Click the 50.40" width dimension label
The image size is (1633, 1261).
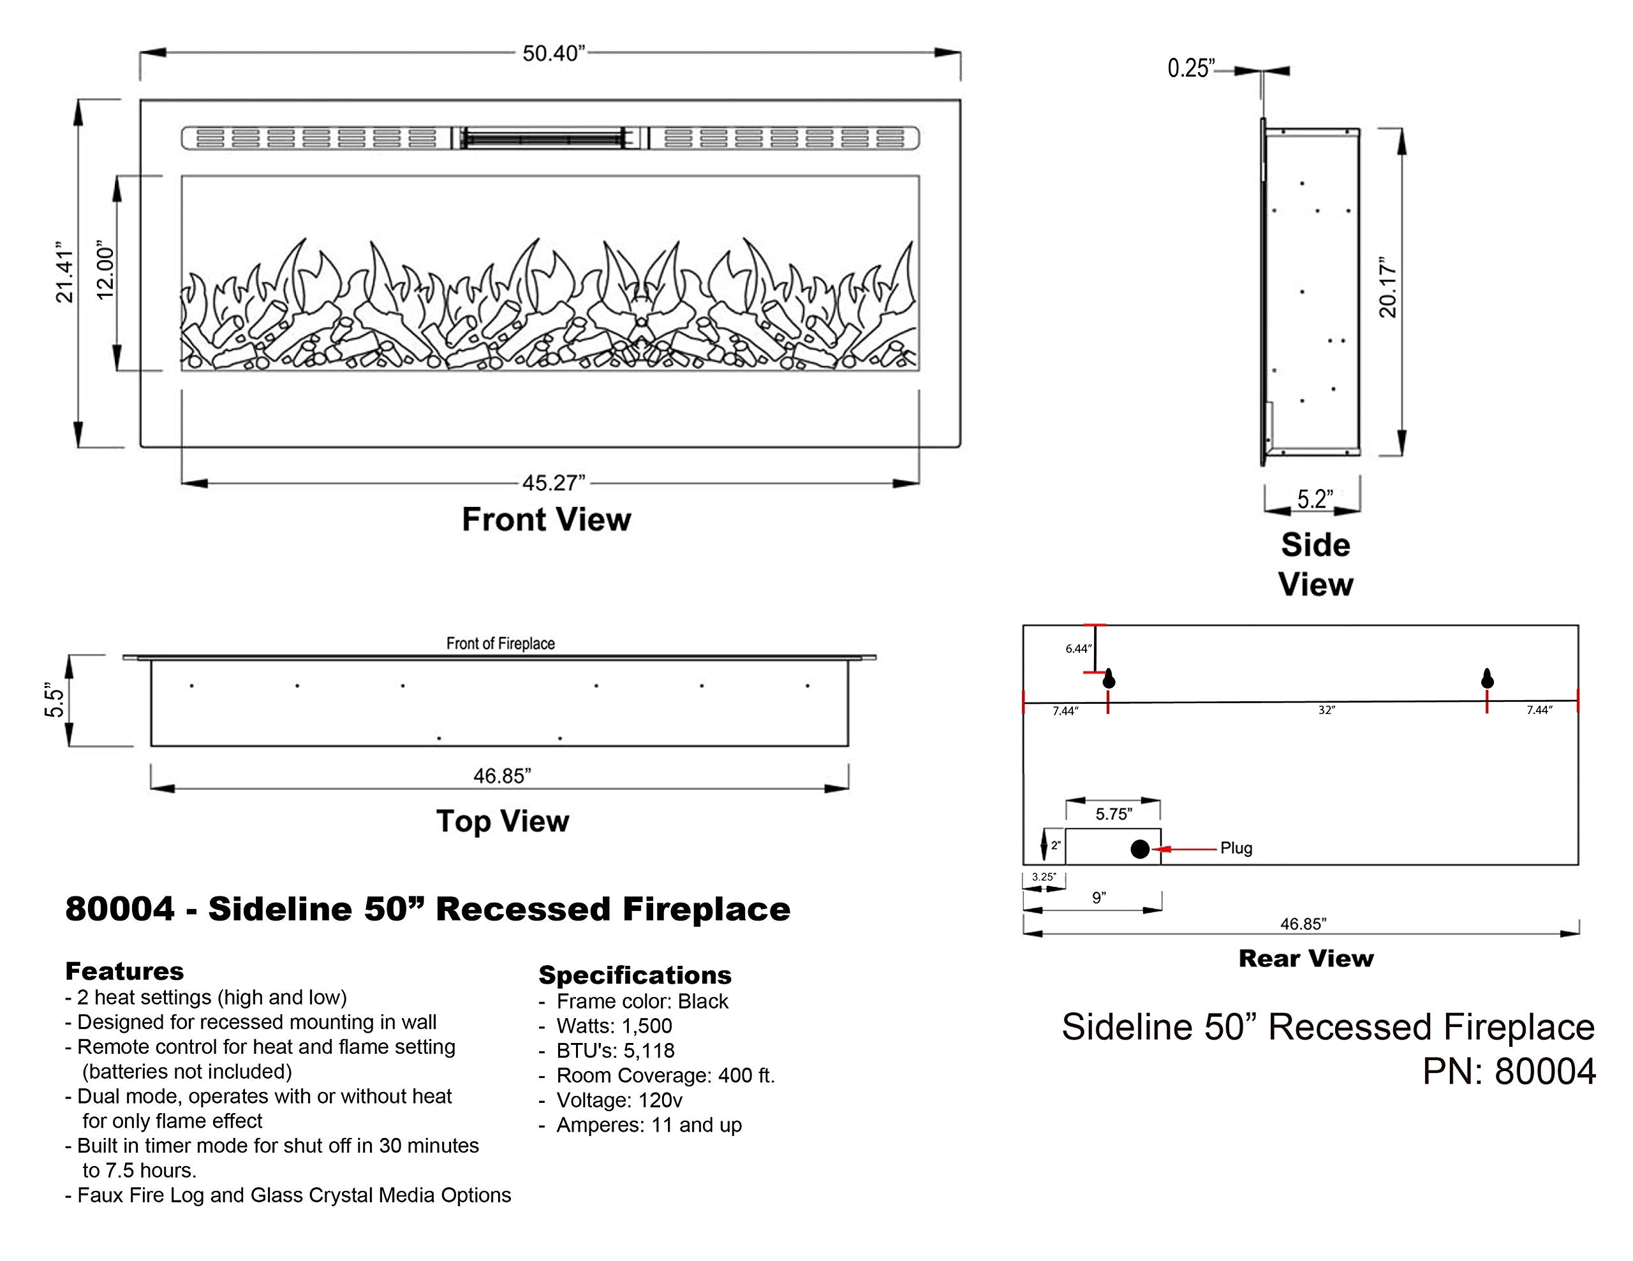[553, 54]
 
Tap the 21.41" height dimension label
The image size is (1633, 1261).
[65, 272]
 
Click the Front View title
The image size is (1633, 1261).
[547, 520]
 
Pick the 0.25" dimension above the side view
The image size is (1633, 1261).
[1191, 69]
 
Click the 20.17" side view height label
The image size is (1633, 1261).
[1388, 290]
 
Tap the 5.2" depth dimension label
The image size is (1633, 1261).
[1315, 499]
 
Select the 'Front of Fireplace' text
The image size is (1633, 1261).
[500, 644]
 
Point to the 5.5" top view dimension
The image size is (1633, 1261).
[55, 699]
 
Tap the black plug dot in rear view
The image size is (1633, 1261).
[1139, 849]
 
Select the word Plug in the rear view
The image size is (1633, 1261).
[1236, 849]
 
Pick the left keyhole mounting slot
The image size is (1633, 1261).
[1109, 678]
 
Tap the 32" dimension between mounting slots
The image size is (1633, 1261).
[1326, 710]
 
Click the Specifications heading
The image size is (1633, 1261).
[635, 975]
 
